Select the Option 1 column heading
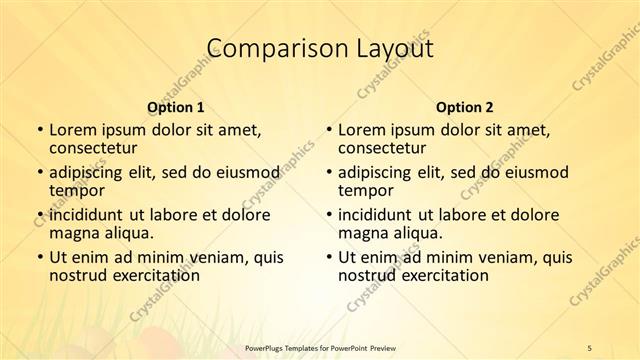pos(176,106)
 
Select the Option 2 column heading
pos(464,106)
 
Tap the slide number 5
pos(590,346)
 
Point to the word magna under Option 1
pos(73,233)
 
